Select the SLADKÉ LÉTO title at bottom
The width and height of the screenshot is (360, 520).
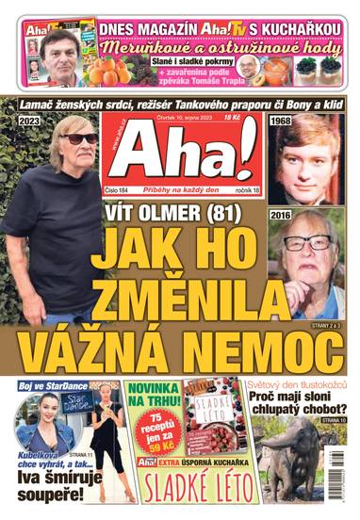click(184, 500)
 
